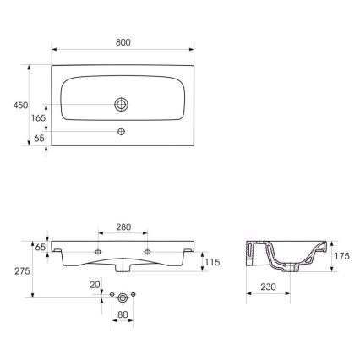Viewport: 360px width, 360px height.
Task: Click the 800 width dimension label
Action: [x=123, y=41]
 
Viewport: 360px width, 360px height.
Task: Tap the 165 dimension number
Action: [x=38, y=118]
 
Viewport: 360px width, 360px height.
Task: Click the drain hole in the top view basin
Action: [x=123, y=104]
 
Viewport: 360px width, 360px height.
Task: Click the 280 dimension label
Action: [x=124, y=226]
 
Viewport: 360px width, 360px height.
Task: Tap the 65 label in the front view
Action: [x=39, y=246]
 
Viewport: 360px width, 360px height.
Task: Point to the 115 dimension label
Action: [x=212, y=264]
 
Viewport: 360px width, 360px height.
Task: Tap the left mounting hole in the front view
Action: [x=99, y=251]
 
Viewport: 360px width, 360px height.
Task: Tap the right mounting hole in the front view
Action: [x=148, y=251]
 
